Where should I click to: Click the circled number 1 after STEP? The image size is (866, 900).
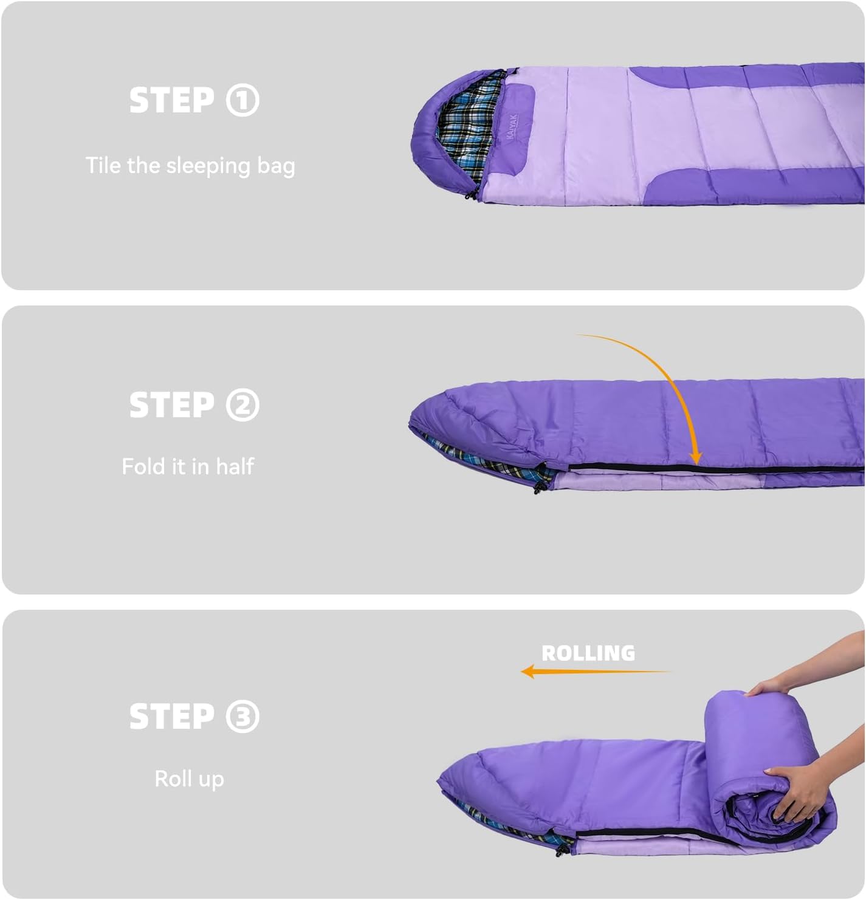click(x=242, y=100)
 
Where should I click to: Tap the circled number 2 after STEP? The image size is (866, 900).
click(x=242, y=405)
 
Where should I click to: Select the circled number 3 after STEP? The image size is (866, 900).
click(x=242, y=717)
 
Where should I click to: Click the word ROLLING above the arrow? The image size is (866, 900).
click(x=588, y=653)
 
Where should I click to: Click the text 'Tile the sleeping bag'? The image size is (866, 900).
click(x=190, y=166)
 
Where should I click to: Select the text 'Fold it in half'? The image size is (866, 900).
click(x=188, y=466)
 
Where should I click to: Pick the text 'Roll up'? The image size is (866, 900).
click(x=189, y=779)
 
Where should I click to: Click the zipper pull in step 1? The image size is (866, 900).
click(x=472, y=194)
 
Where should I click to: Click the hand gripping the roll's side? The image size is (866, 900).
click(x=796, y=793)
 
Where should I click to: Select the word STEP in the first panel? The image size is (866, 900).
click(x=171, y=100)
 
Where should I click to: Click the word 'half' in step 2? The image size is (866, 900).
click(x=235, y=466)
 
